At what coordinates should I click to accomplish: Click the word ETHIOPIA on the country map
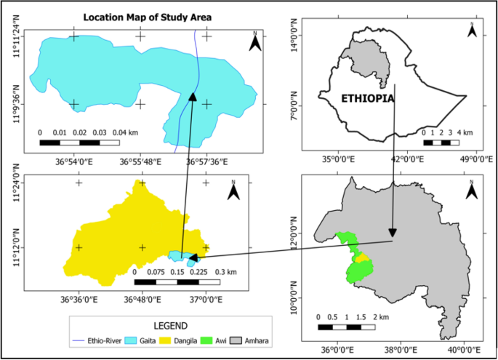[x=367, y=97]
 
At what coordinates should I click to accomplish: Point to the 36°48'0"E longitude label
[x=142, y=298]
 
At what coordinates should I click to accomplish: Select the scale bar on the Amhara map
[x=347, y=327]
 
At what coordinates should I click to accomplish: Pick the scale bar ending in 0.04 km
[x=79, y=142]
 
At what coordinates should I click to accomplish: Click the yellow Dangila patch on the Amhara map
[x=358, y=258]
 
